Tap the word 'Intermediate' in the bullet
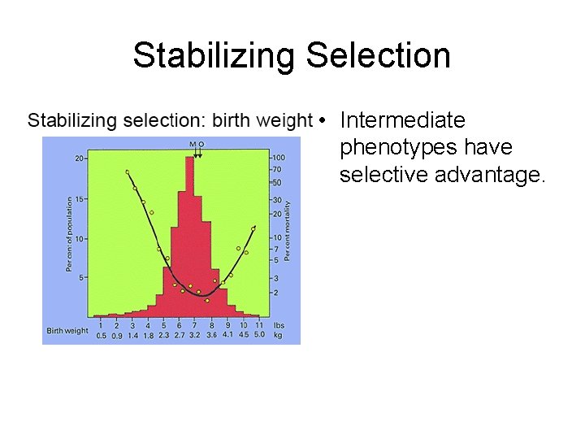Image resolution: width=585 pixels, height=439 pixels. (x=403, y=121)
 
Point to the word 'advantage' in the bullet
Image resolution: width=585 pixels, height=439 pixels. (x=492, y=175)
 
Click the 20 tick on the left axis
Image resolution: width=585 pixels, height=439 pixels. (x=80, y=158)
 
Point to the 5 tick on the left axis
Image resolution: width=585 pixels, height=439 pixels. (x=81, y=276)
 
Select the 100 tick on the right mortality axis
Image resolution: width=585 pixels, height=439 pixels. (x=279, y=158)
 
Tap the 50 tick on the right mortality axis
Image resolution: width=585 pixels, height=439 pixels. (x=277, y=182)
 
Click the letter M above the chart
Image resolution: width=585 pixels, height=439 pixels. (x=193, y=144)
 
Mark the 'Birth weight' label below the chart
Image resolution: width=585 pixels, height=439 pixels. (x=67, y=330)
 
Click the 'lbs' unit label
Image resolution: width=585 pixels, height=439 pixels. (x=279, y=325)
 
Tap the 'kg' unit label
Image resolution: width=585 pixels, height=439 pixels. (x=279, y=334)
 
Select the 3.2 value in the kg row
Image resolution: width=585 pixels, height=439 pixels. (x=195, y=334)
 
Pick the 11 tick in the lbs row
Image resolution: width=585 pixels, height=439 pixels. (x=259, y=325)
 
